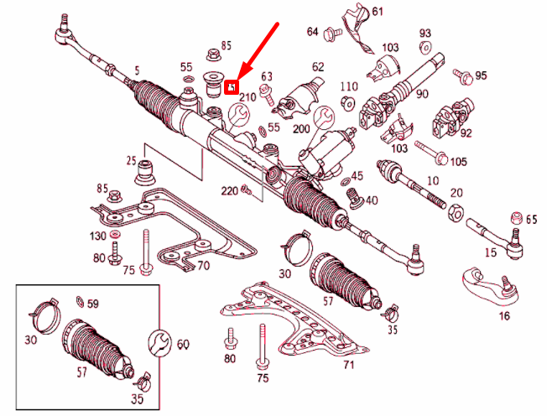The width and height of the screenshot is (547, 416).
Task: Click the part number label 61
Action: (x=378, y=11)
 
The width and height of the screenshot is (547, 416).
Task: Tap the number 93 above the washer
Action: (x=425, y=33)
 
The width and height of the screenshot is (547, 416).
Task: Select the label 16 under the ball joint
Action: (x=503, y=315)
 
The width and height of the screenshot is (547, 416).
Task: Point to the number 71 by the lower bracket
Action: (x=349, y=366)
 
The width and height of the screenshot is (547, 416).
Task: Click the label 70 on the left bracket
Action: (x=202, y=267)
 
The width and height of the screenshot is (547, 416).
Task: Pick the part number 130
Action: (x=98, y=237)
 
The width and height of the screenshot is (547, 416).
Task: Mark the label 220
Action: (x=229, y=190)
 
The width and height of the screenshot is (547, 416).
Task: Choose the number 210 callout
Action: (x=247, y=98)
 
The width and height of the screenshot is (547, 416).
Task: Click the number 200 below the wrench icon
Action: (x=302, y=130)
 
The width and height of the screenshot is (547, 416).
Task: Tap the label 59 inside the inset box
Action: (x=92, y=304)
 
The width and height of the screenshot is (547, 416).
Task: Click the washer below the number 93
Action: (x=425, y=47)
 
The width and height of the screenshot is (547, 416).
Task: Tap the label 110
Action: (x=349, y=87)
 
